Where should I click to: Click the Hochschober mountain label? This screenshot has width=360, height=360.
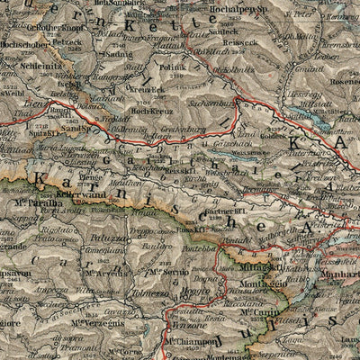point(25,42)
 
